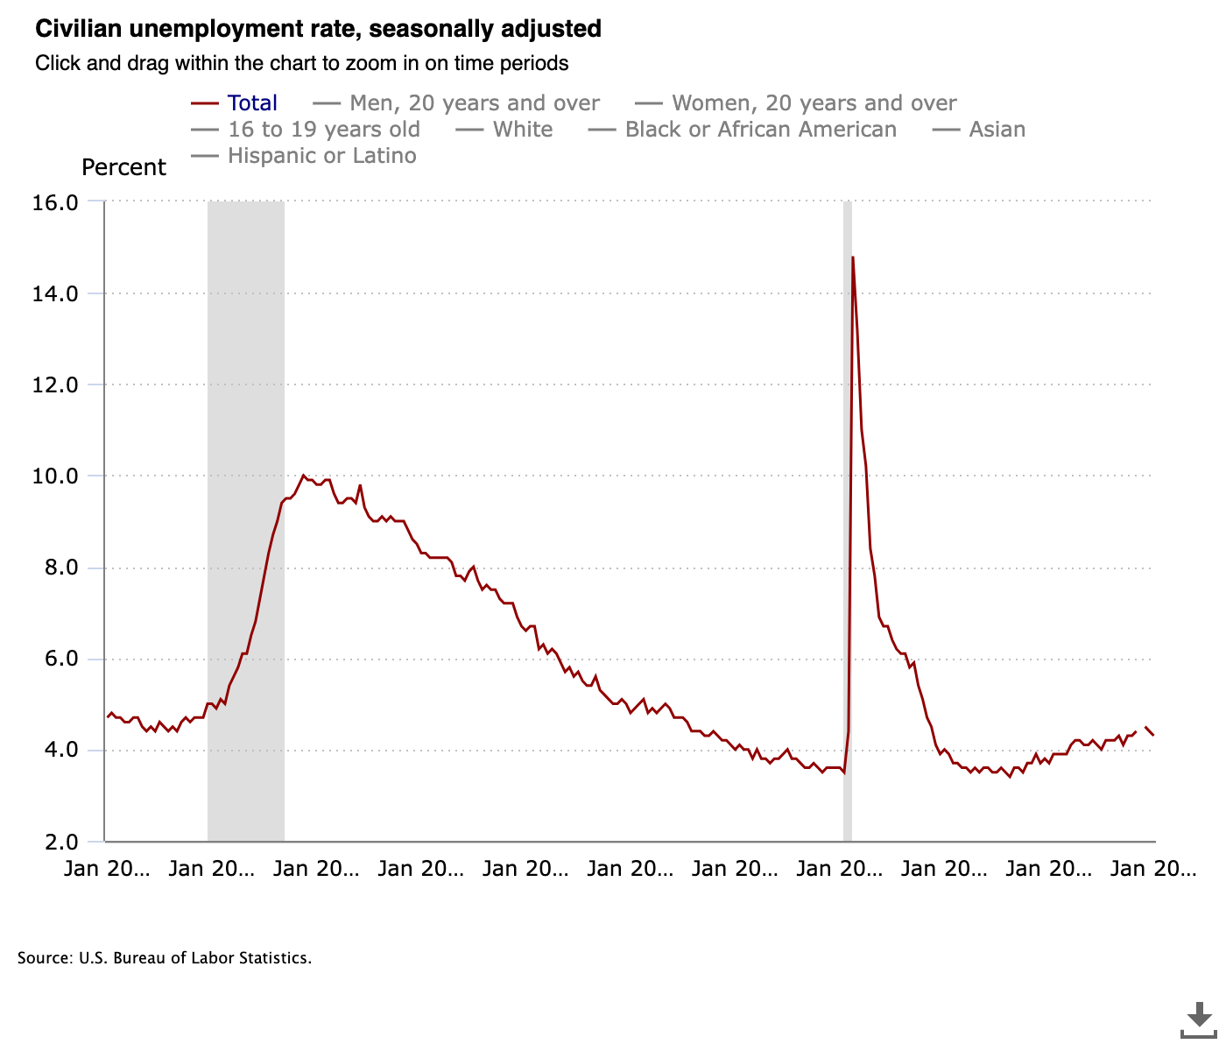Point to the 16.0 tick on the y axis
(55, 202)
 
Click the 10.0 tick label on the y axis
(55, 476)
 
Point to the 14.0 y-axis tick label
(55, 293)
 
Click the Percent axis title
(123, 167)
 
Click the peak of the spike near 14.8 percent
(852, 257)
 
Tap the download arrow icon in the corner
(1198, 1017)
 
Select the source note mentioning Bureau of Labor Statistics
(165, 958)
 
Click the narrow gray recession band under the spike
(847, 613)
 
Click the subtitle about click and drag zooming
(302, 63)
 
